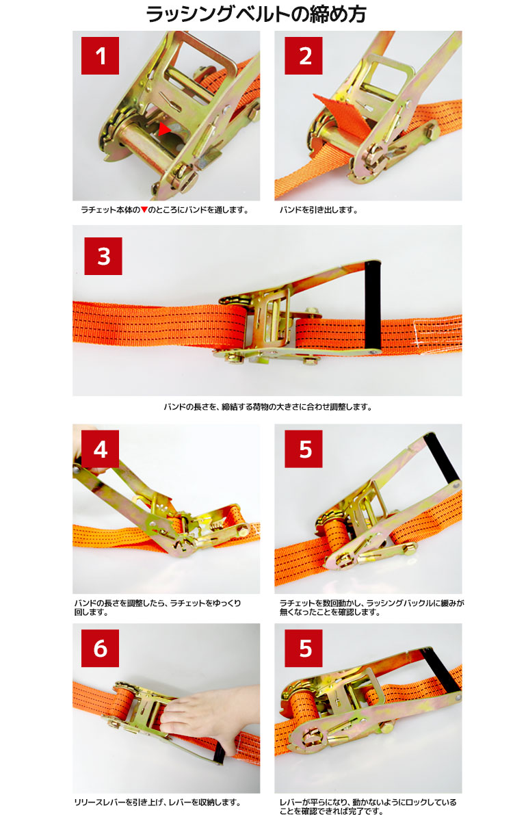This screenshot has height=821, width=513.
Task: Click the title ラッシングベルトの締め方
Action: coord(256,14)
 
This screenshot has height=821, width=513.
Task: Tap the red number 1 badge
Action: coord(100,55)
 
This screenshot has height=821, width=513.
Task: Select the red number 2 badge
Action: coord(304,55)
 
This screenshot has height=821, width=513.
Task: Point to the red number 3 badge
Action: coord(103,256)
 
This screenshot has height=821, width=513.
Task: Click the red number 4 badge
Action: coord(100,449)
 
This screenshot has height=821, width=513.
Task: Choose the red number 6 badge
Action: coord(100,649)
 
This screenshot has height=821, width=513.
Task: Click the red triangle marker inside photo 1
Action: coord(164,129)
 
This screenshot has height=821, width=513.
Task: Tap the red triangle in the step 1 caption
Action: coord(144,209)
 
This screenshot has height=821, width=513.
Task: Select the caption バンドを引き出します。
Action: coord(319,210)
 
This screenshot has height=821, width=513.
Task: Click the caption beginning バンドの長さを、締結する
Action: coord(267,407)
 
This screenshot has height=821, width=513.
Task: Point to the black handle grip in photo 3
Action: coord(372,306)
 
